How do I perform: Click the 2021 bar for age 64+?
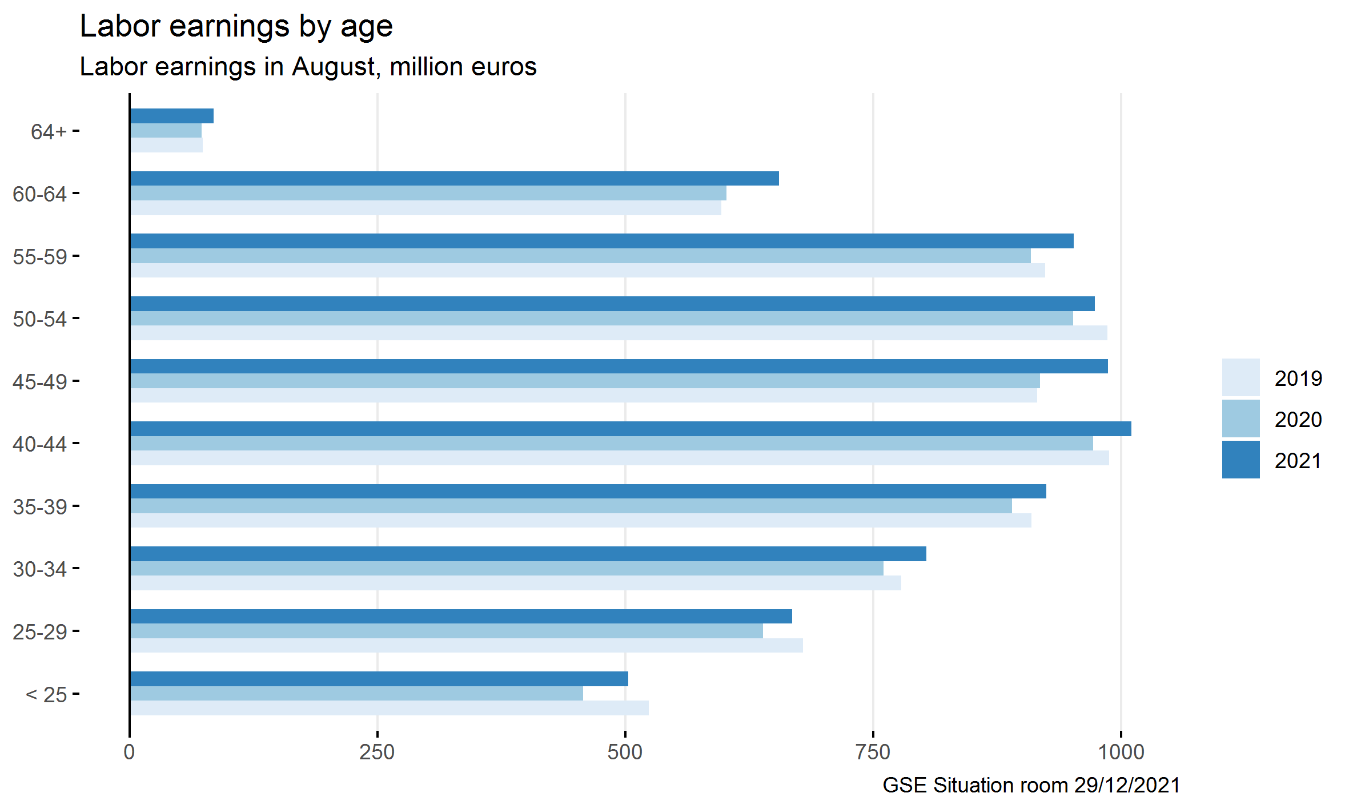(x=171, y=116)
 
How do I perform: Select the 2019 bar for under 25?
(x=388, y=708)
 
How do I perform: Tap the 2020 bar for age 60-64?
(x=428, y=193)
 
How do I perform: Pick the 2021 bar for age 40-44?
(x=628, y=429)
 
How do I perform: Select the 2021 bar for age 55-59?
(x=600, y=241)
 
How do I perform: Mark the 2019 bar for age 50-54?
(x=617, y=333)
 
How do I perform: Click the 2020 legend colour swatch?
(x=1240, y=418)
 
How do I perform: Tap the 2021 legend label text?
(x=1298, y=461)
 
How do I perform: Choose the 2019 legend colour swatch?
(x=1240, y=377)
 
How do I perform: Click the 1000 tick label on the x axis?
(x=1121, y=752)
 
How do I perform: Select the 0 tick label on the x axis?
(x=130, y=752)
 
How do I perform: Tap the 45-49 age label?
(x=39, y=381)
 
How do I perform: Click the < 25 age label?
(x=46, y=695)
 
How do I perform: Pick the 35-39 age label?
(x=39, y=506)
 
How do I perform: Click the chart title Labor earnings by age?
(x=236, y=26)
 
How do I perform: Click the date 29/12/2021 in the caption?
(x=1126, y=785)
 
